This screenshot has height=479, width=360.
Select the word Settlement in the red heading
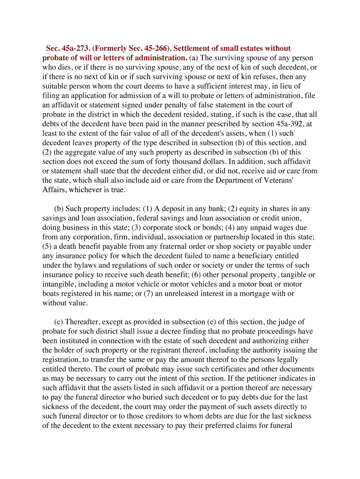pyautogui.click(x=196, y=49)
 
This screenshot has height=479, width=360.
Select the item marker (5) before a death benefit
pyautogui.click(x=48, y=247)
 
